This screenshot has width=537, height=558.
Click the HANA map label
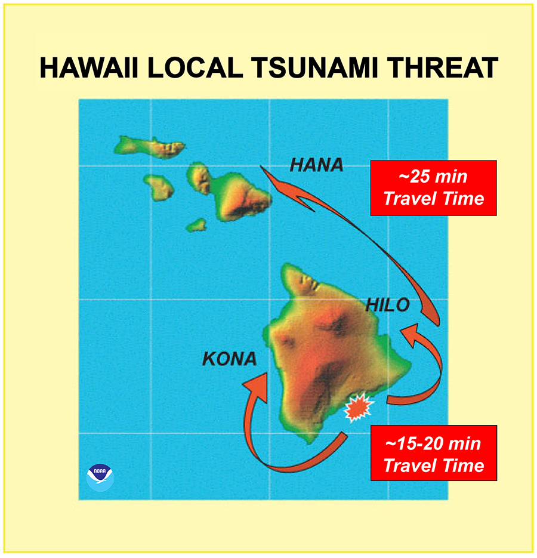tap(316, 165)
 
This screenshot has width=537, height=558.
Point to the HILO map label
tap(388, 306)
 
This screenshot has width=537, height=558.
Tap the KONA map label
tap(229, 359)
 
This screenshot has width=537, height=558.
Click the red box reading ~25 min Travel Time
tap(433, 187)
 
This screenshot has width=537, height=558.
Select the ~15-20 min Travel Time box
tap(433, 454)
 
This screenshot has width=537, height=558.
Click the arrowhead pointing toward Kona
tap(257, 382)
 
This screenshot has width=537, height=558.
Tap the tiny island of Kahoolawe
tap(197, 225)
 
